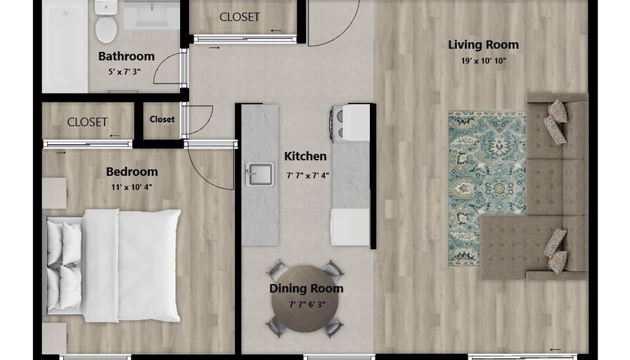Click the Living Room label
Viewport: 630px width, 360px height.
(483, 44)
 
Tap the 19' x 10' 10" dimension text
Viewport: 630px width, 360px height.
(483, 61)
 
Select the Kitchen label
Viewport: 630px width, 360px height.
(305, 156)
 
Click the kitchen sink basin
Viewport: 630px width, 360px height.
(259, 174)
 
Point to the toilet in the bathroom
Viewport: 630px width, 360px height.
(106, 21)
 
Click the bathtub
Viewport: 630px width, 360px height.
(65, 46)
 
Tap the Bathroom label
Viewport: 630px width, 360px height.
(127, 56)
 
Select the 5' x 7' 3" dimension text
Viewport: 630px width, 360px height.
(124, 72)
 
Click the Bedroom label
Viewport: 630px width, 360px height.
(131, 172)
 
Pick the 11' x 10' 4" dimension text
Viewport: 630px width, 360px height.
(131, 187)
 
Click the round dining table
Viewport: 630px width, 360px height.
(305, 299)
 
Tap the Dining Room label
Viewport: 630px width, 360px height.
(306, 288)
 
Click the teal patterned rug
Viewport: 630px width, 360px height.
(487, 188)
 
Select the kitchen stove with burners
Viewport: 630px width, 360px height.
(349, 122)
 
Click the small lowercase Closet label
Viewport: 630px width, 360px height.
(162, 120)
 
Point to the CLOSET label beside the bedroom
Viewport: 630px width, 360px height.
(87, 122)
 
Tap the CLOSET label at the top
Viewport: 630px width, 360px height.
(240, 17)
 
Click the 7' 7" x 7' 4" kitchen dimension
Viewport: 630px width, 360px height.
(308, 176)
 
